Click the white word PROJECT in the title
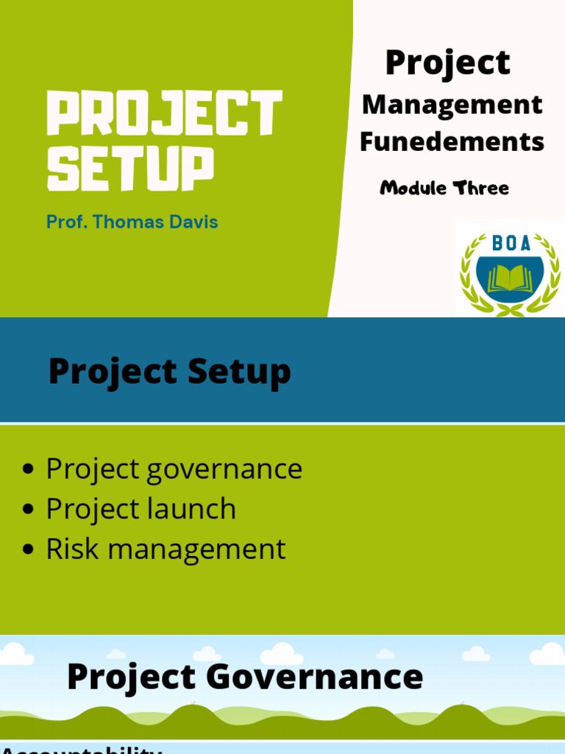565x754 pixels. click(164, 113)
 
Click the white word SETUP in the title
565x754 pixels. click(130, 169)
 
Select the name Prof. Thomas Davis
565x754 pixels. click(132, 222)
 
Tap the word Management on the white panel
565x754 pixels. click(452, 105)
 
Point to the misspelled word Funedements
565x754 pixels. click(452, 141)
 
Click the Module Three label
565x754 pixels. click(444, 188)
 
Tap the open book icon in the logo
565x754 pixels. click(510, 278)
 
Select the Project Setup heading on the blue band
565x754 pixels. click(169, 372)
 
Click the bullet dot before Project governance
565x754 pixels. click(29, 470)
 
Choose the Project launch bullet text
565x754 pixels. click(141, 510)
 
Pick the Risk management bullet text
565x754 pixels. click(166, 549)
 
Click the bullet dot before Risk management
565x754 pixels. click(29, 550)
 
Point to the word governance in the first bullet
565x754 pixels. click(224, 470)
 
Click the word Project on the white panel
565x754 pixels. click(447, 63)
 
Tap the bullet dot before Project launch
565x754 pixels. click(29, 510)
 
